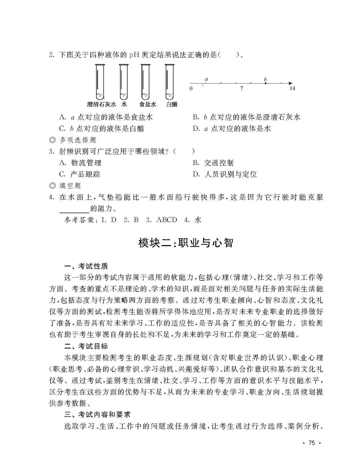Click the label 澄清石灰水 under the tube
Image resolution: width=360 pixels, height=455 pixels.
click(x=101, y=104)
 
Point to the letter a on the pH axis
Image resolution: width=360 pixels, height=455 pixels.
click(x=206, y=79)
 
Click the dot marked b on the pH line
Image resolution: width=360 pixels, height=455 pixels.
click(x=265, y=83)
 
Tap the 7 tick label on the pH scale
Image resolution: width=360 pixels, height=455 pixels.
click(x=241, y=89)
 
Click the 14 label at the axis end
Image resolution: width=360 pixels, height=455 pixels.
click(x=292, y=89)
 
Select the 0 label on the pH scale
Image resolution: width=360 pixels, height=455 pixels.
click(x=191, y=89)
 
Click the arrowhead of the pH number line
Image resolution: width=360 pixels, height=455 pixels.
click(x=291, y=83)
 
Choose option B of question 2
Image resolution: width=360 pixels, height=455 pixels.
click(x=246, y=117)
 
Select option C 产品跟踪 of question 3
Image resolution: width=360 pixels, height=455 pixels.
click(x=80, y=174)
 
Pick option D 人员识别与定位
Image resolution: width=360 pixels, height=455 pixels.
click(x=225, y=174)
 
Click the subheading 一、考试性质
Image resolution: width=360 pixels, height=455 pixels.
click(x=86, y=266)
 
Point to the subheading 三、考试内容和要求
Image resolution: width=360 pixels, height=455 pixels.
click(x=97, y=415)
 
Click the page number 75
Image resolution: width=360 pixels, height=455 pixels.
click(x=312, y=443)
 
